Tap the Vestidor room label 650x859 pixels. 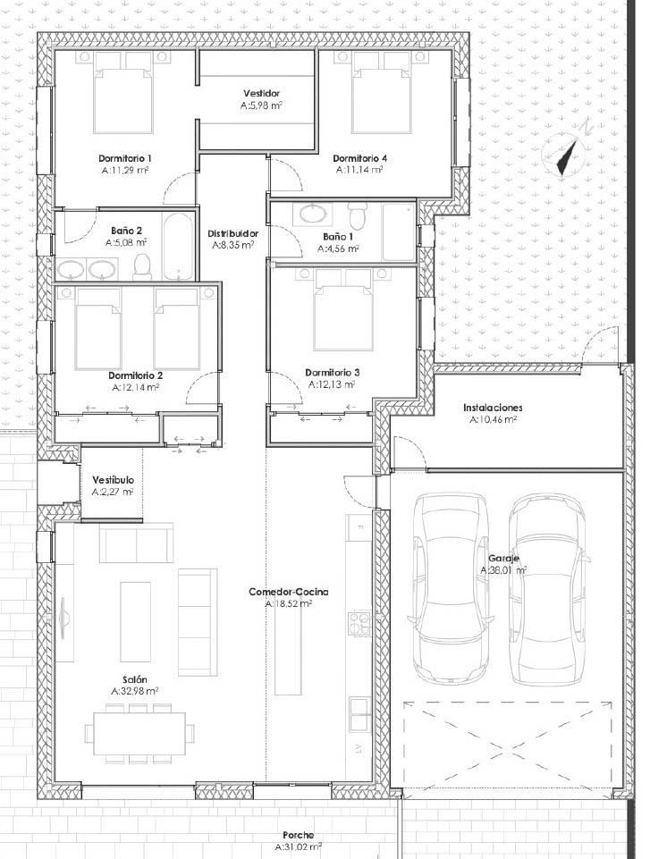click(261, 94)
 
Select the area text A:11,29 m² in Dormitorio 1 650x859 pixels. click(125, 170)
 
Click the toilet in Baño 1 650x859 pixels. click(358, 215)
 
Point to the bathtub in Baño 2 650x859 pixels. click(176, 246)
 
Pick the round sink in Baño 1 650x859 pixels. click(310, 214)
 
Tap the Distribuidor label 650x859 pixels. click(233, 234)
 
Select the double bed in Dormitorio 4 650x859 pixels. click(381, 93)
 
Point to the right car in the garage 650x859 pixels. click(549, 589)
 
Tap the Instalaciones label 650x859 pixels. click(493, 408)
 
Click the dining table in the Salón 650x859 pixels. click(139, 732)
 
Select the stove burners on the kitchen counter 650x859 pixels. click(359, 623)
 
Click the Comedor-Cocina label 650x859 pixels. click(288, 593)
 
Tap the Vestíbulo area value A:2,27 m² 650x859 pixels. click(113, 492)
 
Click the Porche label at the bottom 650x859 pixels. click(299, 836)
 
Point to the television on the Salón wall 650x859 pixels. click(63, 617)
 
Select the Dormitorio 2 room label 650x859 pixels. click(135, 375)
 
